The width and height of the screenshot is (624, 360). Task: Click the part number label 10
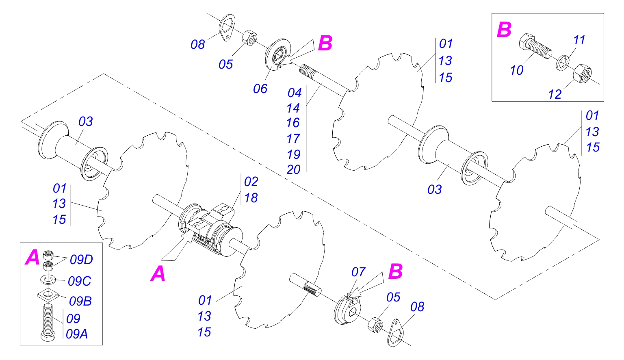(516, 70)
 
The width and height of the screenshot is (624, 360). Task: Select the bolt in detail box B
(535, 46)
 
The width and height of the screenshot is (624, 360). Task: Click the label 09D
(81, 260)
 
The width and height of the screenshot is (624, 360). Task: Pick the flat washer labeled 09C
(48, 280)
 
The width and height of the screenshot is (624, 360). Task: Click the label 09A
(77, 334)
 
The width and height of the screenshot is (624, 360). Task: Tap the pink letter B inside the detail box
(504, 30)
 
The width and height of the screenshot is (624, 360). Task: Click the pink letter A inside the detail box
(32, 257)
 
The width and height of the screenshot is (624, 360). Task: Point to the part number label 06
(260, 89)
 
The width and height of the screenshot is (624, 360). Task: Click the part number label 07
(358, 272)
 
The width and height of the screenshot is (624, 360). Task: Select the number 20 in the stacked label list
(293, 169)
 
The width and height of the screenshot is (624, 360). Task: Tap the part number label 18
(251, 198)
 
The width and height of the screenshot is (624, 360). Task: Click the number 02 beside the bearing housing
(251, 182)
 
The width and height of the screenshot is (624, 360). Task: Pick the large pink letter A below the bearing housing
(158, 273)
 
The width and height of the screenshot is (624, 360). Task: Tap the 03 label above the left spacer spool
(85, 121)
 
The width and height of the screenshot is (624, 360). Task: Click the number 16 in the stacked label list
(292, 123)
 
